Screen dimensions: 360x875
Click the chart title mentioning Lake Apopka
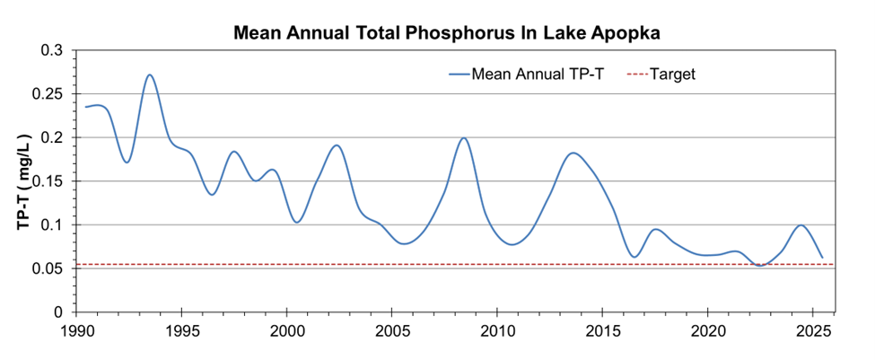pyautogui.click(x=447, y=33)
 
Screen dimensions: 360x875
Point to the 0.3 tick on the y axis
pyautogui.click(x=53, y=50)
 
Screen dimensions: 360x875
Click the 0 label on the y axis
pyautogui.click(x=60, y=312)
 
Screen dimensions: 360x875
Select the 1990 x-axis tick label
pyautogui.click(x=77, y=331)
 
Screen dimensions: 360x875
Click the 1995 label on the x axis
pyautogui.click(x=182, y=331)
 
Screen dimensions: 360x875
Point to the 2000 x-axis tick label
pyautogui.click(x=287, y=331)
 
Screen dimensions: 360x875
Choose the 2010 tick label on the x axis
pyautogui.click(x=497, y=331)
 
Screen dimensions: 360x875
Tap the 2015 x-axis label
pyautogui.click(x=602, y=331)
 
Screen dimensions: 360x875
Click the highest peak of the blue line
pyautogui.click(x=150, y=75)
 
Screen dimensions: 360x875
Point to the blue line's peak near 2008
pyautogui.click(x=463, y=138)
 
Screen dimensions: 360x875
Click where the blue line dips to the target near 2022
pyautogui.click(x=761, y=265)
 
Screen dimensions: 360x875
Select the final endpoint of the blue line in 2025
pyautogui.click(x=822, y=258)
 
